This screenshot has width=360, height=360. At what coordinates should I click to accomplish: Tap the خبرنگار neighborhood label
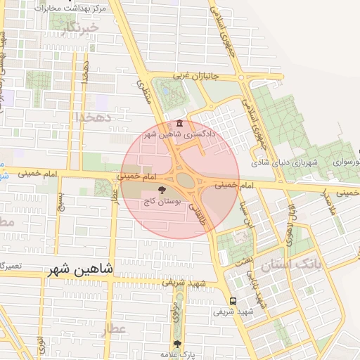[x=77, y=28]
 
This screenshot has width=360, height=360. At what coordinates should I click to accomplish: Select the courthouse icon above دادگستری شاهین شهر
[x=181, y=124]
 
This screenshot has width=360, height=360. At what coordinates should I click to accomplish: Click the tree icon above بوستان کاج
[x=162, y=190]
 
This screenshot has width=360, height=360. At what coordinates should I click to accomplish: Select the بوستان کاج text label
[x=162, y=201]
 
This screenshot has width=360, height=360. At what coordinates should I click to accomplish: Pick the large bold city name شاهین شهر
[x=82, y=269]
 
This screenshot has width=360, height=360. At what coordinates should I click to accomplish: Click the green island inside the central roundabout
[x=185, y=180]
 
